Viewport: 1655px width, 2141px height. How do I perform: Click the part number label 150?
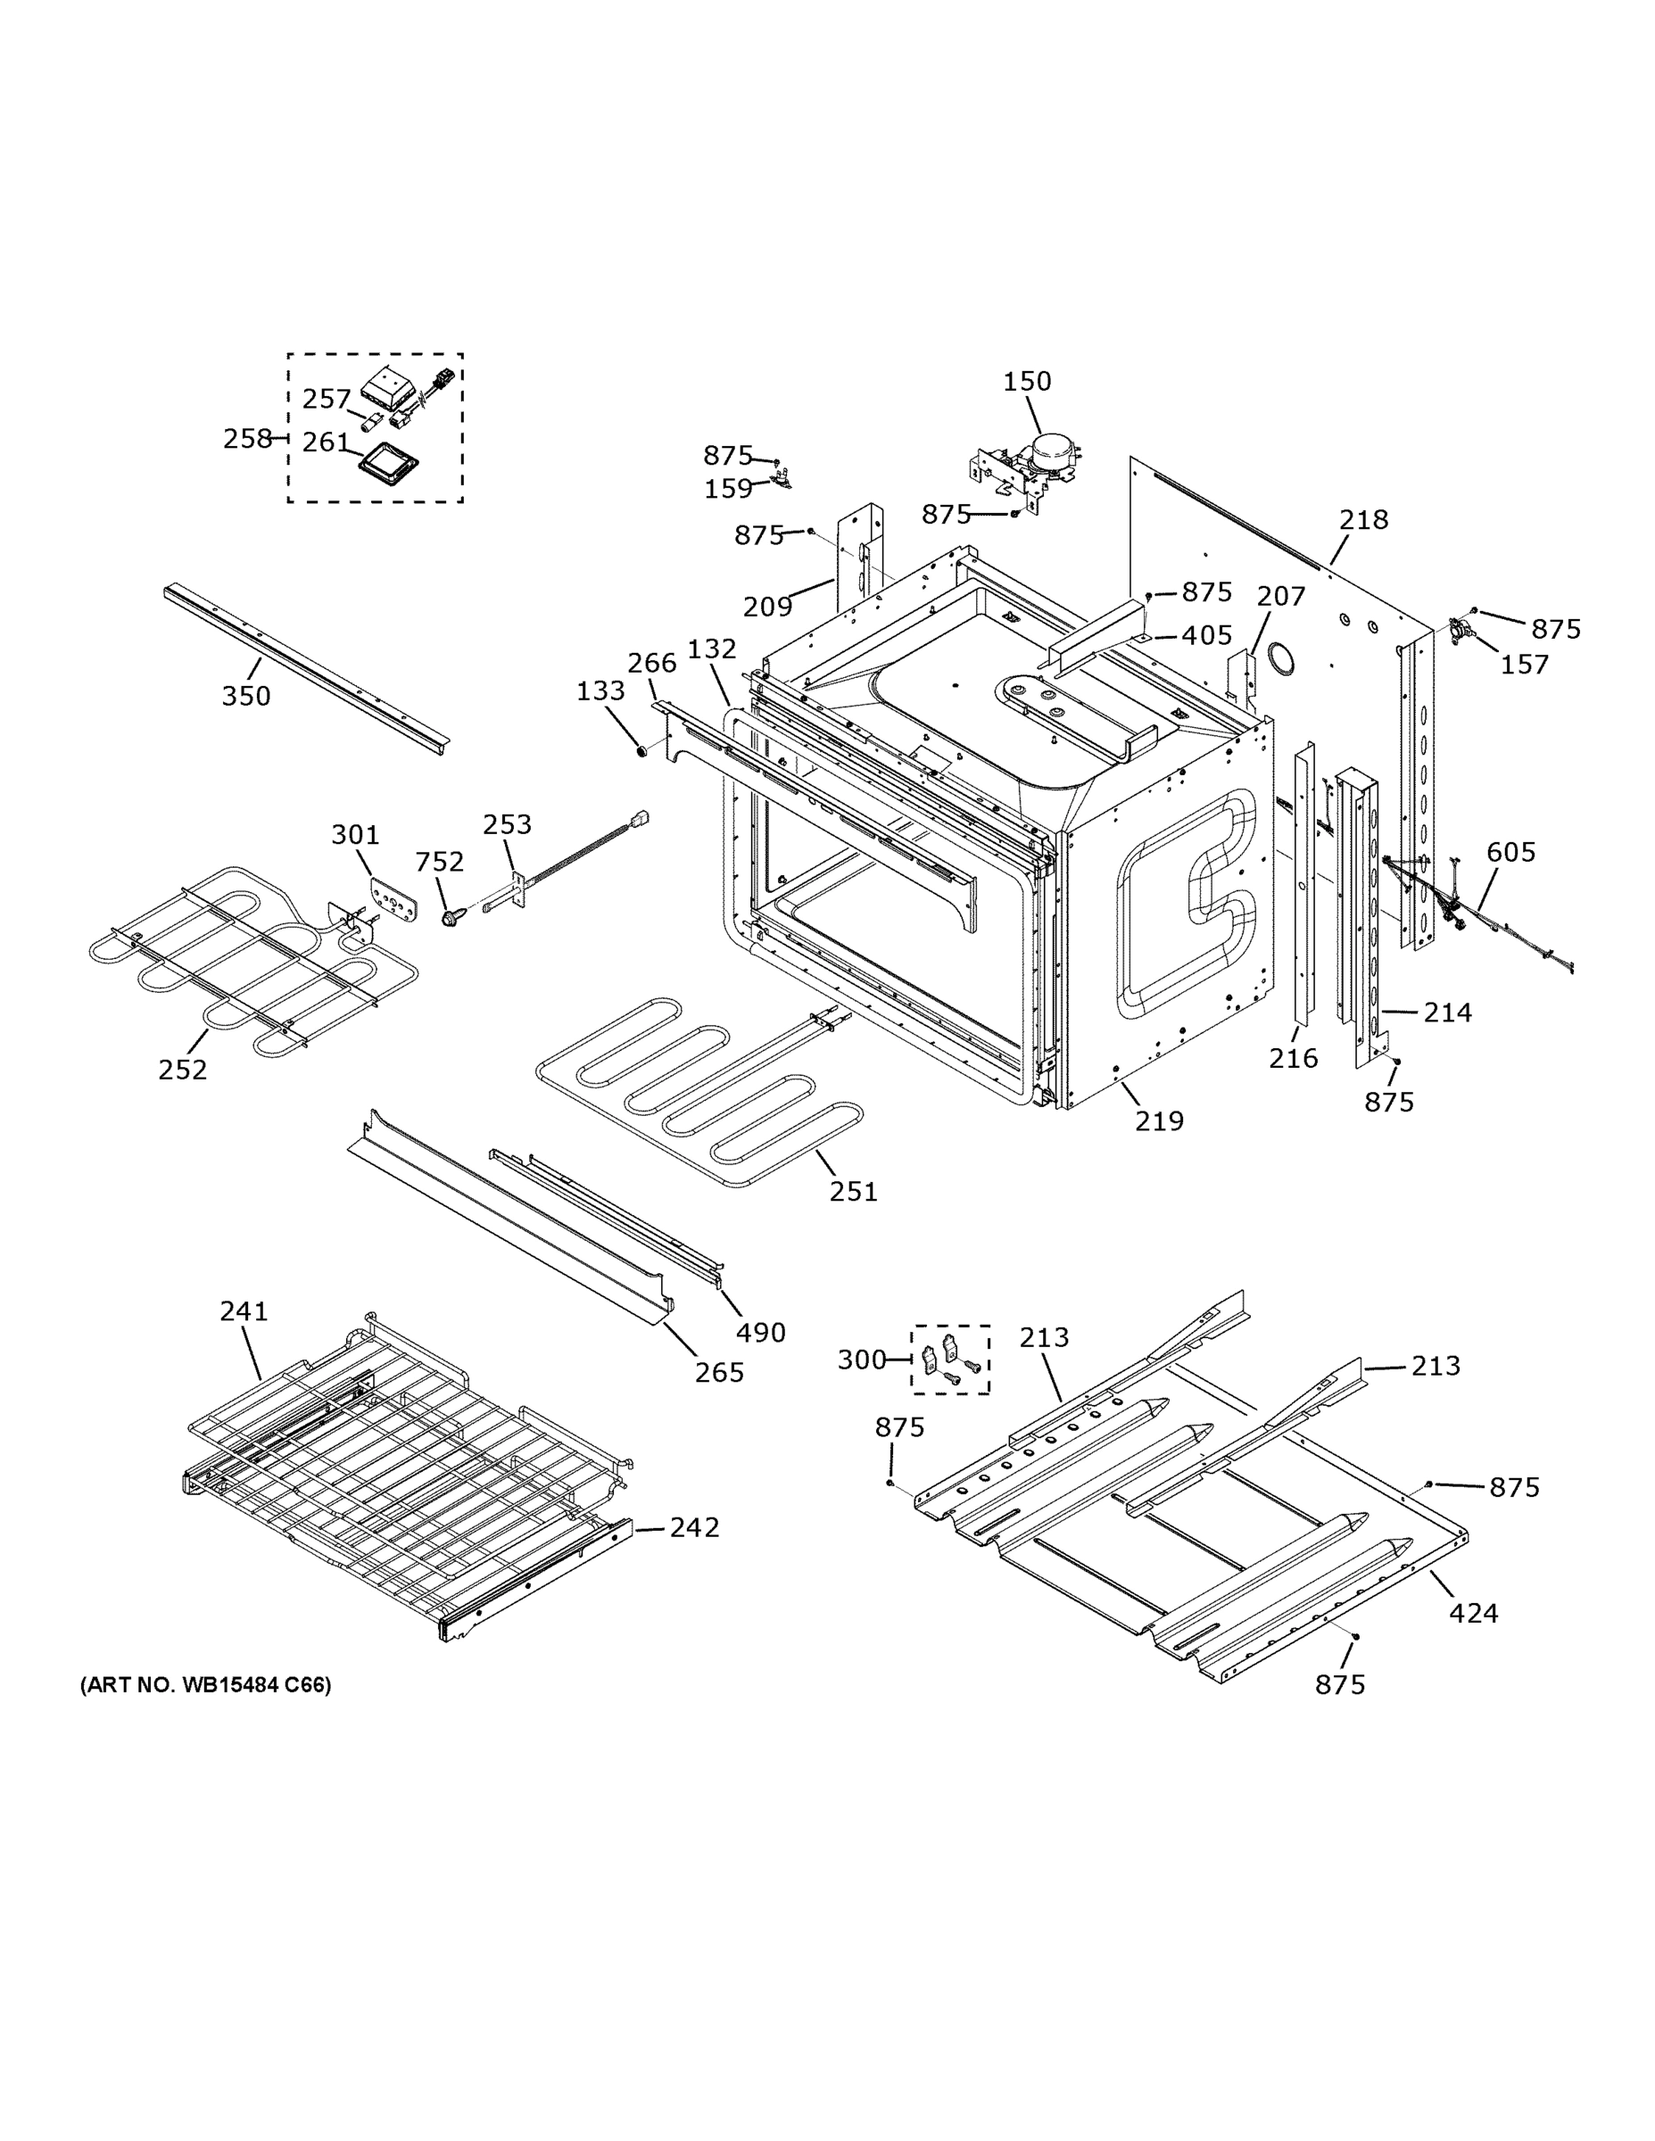click(x=1027, y=381)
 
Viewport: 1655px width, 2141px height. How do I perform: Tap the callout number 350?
click(x=245, y=696)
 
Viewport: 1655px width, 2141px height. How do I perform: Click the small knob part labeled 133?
click(x=641, y=752)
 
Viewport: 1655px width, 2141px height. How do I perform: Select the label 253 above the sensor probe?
click(x=507, y=824)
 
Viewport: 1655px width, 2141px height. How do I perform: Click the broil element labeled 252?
click(x=245, y=965)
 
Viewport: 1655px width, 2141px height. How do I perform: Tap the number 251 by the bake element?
click(x=853, y=1191)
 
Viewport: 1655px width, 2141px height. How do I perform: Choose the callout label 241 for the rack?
click(x=244, y=1310)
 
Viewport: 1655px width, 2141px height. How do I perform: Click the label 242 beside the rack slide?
click(x=694, y=1527)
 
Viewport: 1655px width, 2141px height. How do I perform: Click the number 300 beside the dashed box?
click(x=862, y=1360)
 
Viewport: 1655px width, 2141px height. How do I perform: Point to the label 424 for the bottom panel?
click(x=1474, y=1613)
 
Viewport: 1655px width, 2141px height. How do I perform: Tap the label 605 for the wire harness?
click(x=1510, y=852)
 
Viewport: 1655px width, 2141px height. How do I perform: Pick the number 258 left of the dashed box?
click(x=247, y=438)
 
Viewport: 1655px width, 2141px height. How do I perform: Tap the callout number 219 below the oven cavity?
click(x=1159, y=1120)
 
